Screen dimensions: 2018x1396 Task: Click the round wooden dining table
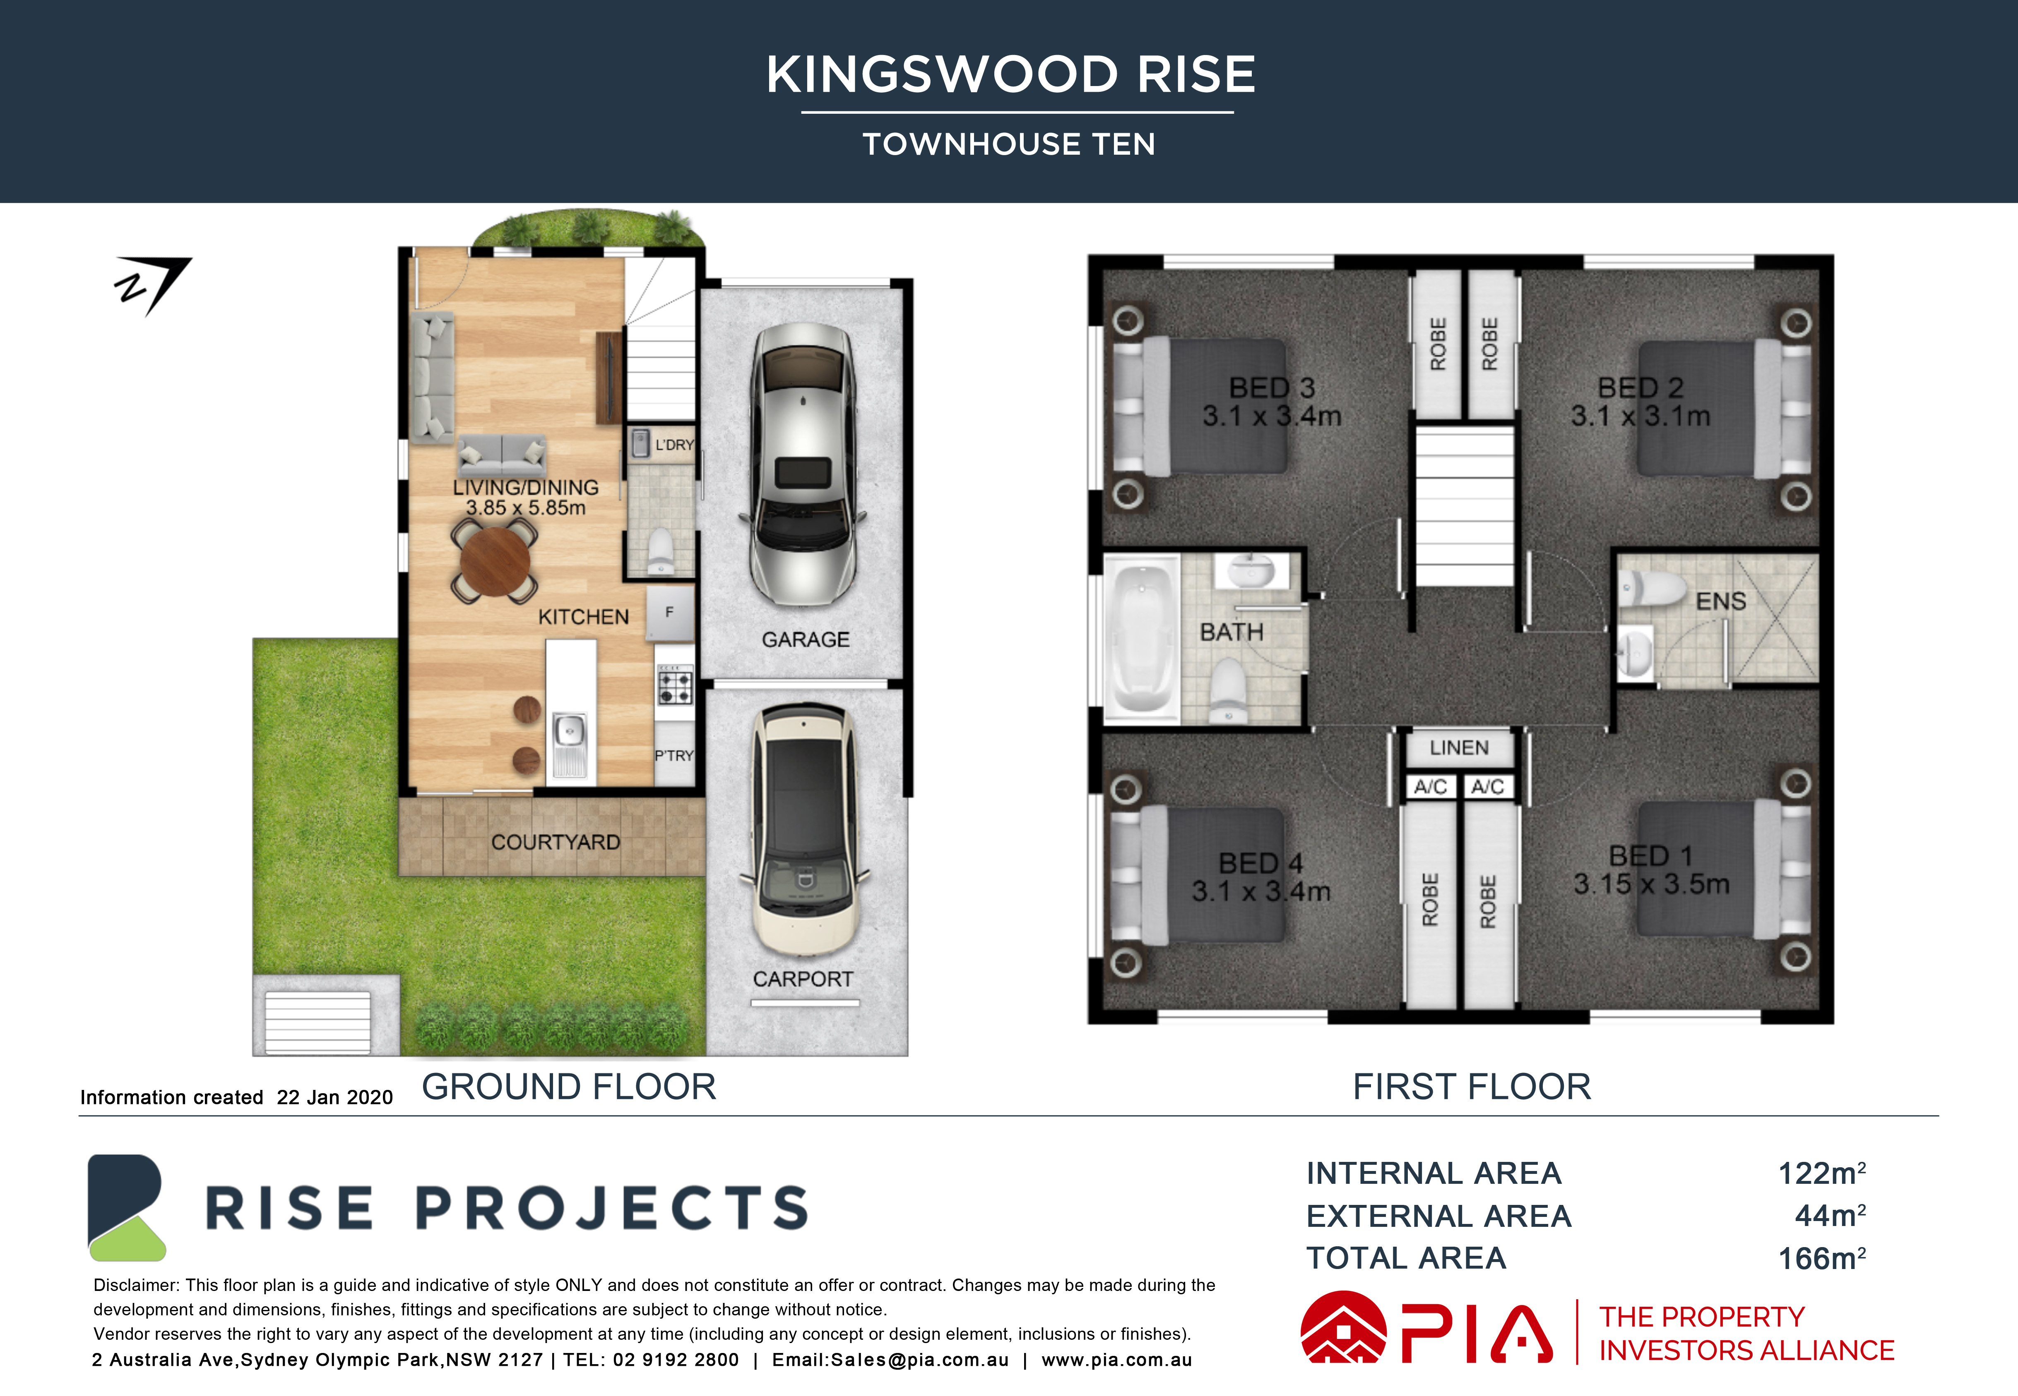point(495,562)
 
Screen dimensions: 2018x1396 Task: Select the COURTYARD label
point(556,842)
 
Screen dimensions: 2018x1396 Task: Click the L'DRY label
point(675,445)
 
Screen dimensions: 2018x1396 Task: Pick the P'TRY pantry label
point(674,756)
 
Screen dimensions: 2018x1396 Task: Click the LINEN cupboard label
point(1459,748)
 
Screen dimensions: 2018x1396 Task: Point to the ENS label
point(1720,602)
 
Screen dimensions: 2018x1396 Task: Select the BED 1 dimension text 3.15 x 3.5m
point(1651,884)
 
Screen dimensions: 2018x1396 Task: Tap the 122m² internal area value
point(1822,1173)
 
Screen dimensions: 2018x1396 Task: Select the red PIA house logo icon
point(1343,1328)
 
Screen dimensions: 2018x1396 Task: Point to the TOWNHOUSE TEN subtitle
point(1009,144)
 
